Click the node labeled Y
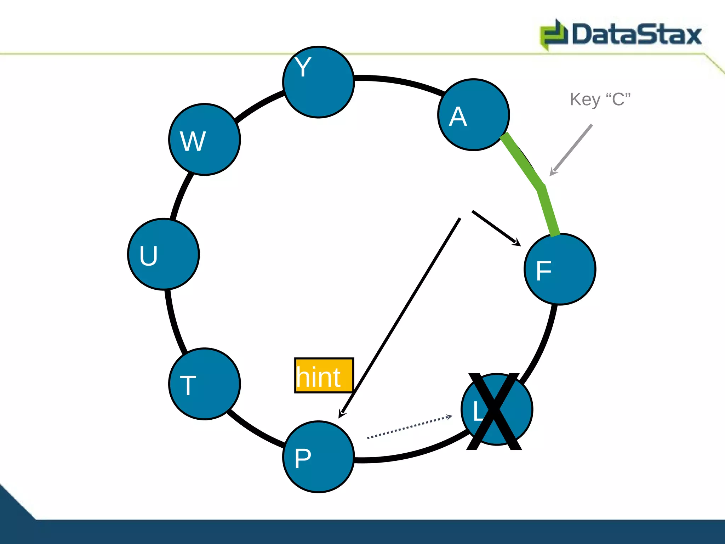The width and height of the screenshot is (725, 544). click(x=319, y=82)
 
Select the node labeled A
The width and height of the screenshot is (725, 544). click(x=474, y=115)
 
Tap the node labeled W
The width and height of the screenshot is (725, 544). click(x=205, y=140)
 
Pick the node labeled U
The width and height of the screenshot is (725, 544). click(x=164, y=254)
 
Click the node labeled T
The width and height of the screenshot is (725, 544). click(x=205, y=384)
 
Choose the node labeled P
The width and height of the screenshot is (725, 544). click(x=319, y=457)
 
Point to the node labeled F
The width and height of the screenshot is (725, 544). click(x=560, y=269)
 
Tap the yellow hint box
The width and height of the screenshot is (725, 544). click(x=324, y=375)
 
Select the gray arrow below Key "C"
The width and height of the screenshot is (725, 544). click(x=571, y=150)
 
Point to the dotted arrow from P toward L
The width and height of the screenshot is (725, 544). click(x=409, y=427)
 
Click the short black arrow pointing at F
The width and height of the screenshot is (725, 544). click(x=496, y=228)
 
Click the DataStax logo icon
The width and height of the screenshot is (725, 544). click(x=553, y=35)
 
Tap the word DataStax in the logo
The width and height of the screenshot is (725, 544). click(x=636, y=35)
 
